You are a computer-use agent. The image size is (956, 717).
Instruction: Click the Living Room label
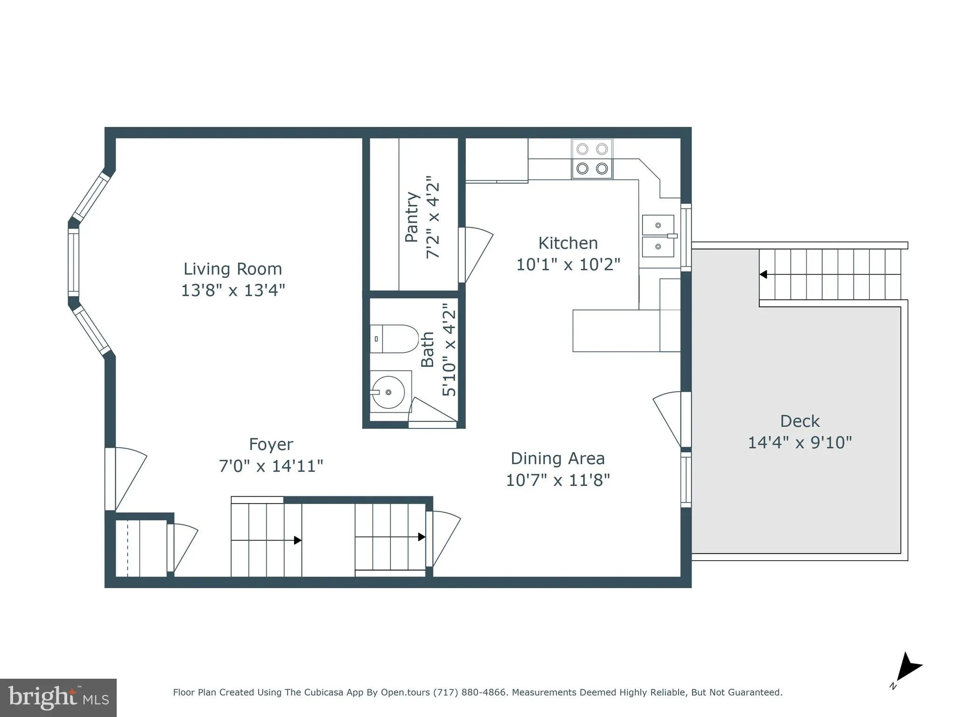232,269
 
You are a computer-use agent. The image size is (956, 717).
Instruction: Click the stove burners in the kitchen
592,159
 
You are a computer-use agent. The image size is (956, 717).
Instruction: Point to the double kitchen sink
658,236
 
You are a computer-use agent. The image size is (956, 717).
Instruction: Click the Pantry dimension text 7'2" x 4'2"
433,217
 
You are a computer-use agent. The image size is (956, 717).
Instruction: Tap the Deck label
800,421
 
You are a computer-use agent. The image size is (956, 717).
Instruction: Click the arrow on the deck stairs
764,274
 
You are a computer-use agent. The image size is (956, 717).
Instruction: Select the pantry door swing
476,254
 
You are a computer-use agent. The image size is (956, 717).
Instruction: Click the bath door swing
432,413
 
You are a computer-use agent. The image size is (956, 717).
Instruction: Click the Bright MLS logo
58,697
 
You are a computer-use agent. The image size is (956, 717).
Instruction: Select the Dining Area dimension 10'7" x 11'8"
558,480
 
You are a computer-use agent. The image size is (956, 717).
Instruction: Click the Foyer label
271,444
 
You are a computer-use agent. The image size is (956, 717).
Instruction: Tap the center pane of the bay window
73,262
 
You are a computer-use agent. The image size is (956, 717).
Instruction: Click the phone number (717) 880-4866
470,692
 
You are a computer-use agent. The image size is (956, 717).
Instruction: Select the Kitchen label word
568,243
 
